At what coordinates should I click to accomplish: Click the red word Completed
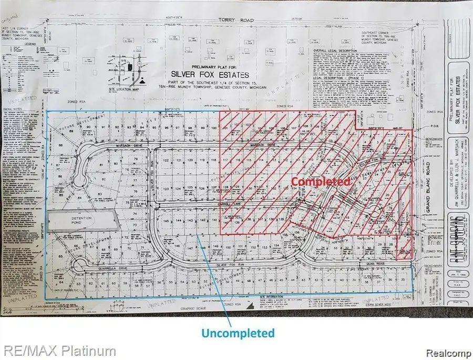tap(321, 181)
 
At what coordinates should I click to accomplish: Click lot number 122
tap(166, 159)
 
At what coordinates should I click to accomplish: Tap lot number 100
tap(214, 128)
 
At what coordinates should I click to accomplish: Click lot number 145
tap(166, 222)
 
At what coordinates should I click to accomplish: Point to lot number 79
tap(135, 159)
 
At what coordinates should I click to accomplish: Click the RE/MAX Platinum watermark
tap(58, 351)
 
